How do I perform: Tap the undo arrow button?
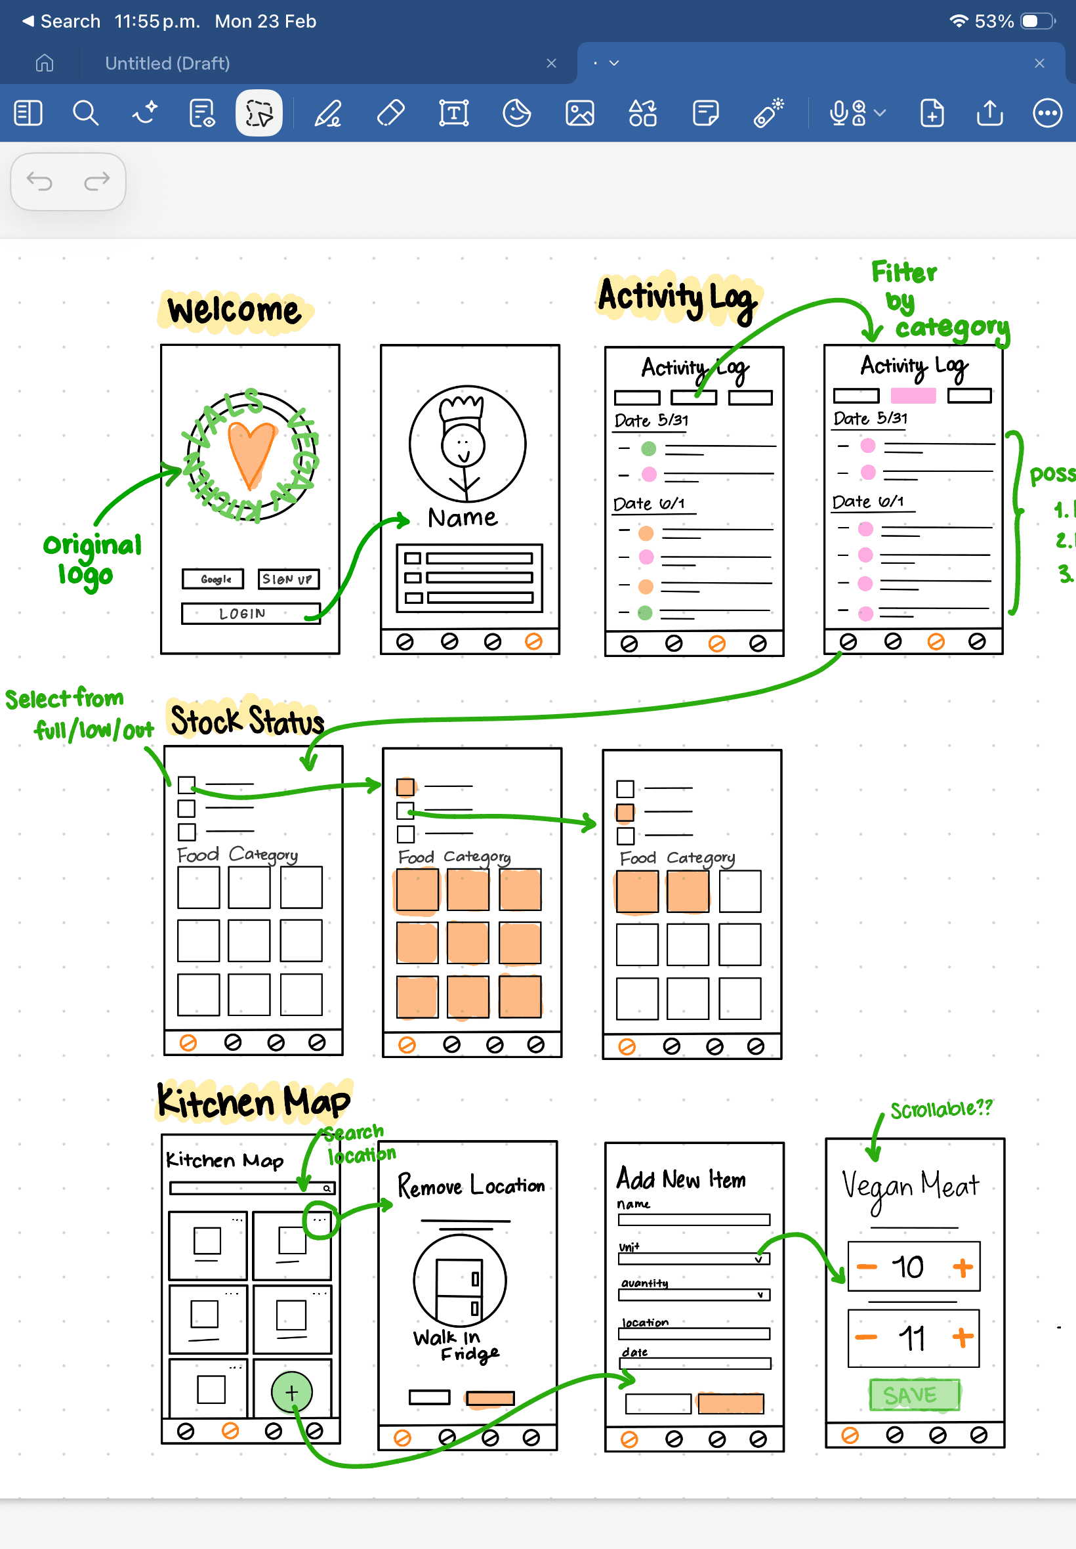[39, 181]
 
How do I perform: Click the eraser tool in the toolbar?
[391, 113]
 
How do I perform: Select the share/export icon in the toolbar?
[989, 113]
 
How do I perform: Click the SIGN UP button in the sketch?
[288, 580]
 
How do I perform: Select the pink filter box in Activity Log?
[913, 396]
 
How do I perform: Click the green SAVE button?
[913, 1395]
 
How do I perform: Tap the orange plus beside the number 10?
[962, 1267]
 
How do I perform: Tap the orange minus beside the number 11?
[866, 1336]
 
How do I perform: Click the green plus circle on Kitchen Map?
[291, 1392]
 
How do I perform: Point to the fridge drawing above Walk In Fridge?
[459, 1281]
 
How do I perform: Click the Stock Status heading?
[247, 720]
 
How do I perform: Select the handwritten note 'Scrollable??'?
[941, 1109]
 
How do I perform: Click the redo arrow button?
[96, 181]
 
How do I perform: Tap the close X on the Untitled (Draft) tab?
[551, 63]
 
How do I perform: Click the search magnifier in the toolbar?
[86, 113]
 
